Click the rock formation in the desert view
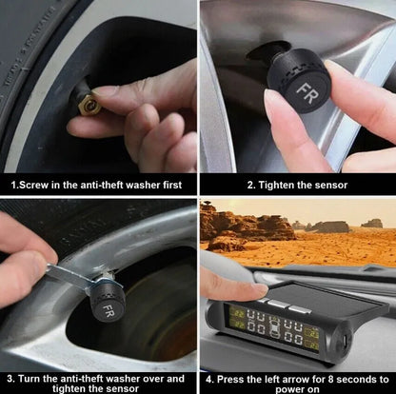pos(243,227)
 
